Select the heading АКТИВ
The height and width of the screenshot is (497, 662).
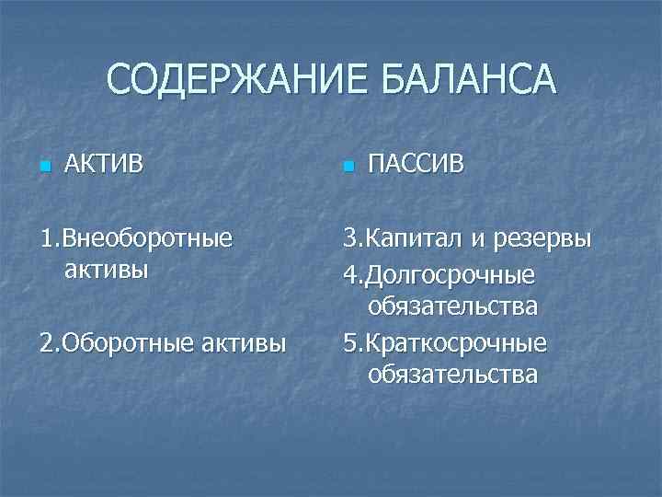point(104,165)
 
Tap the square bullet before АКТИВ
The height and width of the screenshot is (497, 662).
point(43,168)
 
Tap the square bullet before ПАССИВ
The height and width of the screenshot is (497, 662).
point(347,168)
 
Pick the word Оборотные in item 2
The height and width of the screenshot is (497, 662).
point(120,343)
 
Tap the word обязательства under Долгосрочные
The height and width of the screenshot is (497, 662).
point(452,306)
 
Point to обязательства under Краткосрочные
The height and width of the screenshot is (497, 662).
point(452,375)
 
